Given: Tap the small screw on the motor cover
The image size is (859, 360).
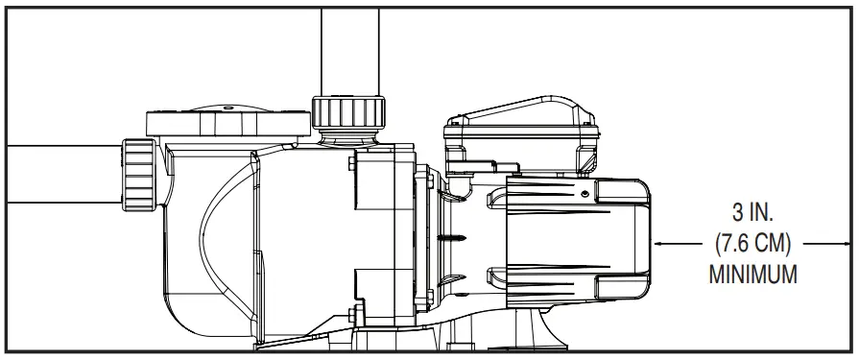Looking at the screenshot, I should coord(583,192).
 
